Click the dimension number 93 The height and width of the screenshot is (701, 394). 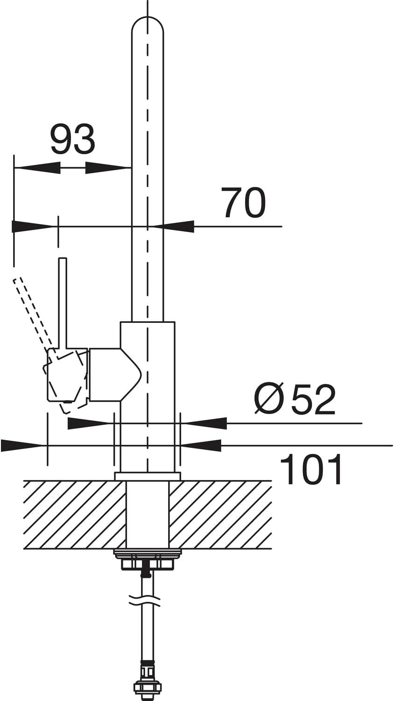(72, 139)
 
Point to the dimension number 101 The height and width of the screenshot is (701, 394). (310, 470)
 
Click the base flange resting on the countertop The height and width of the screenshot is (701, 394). (147, 476)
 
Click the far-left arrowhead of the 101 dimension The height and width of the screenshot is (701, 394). (22, 445)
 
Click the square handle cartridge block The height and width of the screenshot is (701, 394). (67, 374)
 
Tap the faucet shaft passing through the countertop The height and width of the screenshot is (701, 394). (148, 515)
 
